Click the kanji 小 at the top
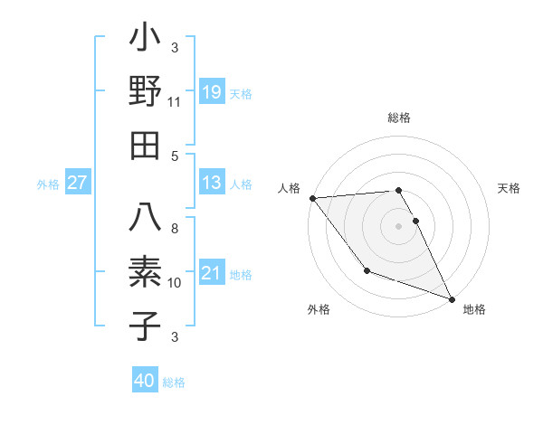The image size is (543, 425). pos(146,40)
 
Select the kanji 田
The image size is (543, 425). pos(146,145)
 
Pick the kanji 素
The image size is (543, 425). pos(146,272)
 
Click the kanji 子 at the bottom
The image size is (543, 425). pos(146,325)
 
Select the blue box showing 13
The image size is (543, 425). pos(212,183)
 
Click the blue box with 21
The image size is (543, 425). pos(212,272)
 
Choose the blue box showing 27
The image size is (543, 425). pos(78,183)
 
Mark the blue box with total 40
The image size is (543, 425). pos(145,381)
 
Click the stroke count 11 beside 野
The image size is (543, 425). pos(175,102)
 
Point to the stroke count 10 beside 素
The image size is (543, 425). pos(175,283)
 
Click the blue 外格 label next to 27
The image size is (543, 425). pos(48,184)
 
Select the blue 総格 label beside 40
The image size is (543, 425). pos(174,382)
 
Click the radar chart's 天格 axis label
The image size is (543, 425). pos(509,188)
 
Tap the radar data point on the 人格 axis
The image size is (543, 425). pos(312,198)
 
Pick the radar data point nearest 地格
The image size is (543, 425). pos(452,299)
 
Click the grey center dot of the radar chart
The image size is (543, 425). pos(398,226)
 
